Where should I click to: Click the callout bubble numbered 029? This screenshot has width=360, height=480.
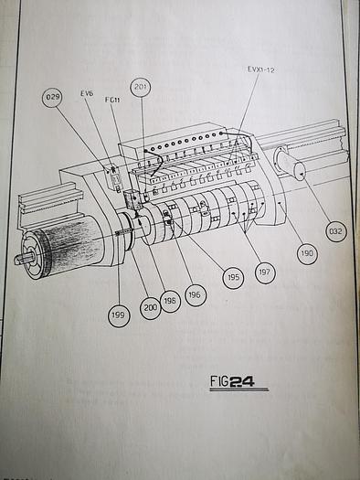coord(52,97)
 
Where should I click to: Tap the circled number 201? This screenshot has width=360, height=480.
coord(141,87)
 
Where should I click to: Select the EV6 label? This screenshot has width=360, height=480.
coord(87,93)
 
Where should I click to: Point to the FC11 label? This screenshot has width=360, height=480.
coord(112,100)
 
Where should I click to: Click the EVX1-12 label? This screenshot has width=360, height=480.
coord(261,69)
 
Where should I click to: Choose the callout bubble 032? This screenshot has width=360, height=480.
coord(336,230)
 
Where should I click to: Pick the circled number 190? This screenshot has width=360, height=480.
coord(307,253)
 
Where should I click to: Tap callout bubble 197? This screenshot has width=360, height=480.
coord(265,272)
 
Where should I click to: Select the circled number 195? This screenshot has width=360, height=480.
coord(233,278)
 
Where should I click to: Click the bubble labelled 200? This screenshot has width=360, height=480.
coord(150,307)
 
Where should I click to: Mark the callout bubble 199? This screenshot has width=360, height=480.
coord(119,315)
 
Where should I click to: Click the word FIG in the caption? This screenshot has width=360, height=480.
coord(219,381)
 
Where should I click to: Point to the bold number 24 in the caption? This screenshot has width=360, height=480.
coord(241,382)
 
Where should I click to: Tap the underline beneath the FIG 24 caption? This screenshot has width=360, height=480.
coord(238,389)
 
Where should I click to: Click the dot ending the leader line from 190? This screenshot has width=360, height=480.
coord(281,202)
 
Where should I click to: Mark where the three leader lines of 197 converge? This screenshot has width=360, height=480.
coord(247,234)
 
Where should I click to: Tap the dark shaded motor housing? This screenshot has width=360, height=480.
coord(66,242)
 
